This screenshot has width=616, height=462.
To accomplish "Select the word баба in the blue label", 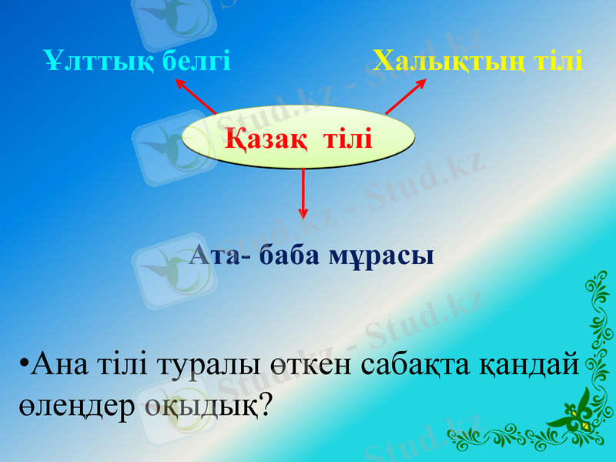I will [290, 255].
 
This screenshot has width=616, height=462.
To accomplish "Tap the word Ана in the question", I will [64, 363].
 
